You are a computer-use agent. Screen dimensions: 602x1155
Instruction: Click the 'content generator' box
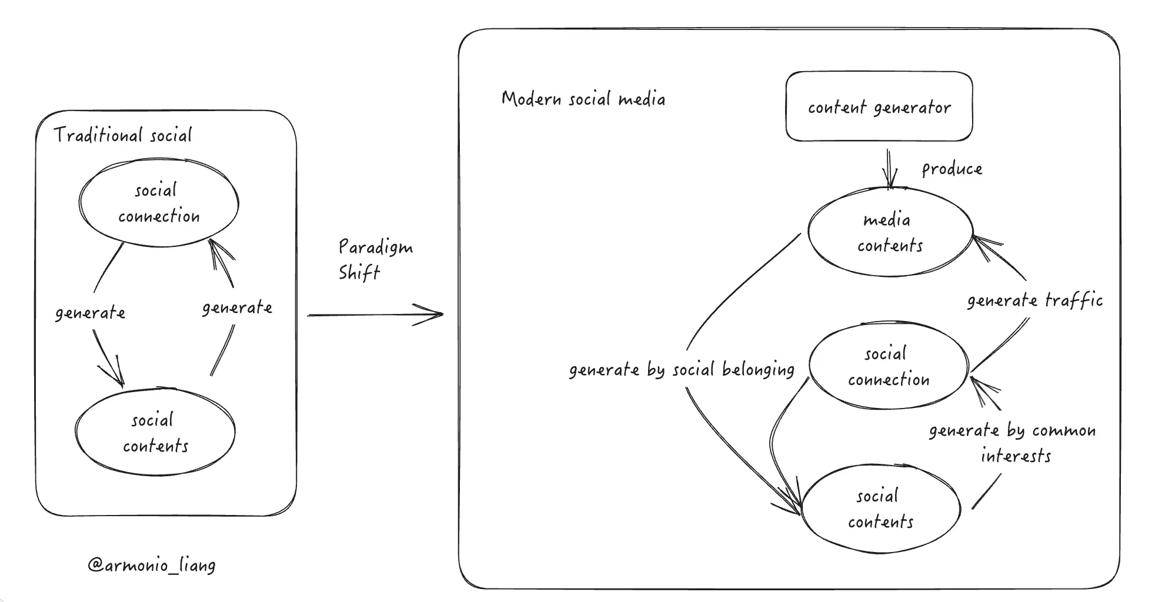(x=879, y=106)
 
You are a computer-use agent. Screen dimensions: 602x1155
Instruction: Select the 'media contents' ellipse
(x=890, y=232)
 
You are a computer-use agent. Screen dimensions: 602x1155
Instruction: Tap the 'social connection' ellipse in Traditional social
(x=159, y=203)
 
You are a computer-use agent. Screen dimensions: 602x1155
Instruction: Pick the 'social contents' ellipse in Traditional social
(x=155, y=433)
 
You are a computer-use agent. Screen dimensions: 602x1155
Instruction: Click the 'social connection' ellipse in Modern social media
(x=888, y=366)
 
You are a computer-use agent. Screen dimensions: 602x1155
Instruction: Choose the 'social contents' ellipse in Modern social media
(x=880, y=509)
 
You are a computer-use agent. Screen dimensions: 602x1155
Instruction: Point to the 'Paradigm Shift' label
(x=375, y=259)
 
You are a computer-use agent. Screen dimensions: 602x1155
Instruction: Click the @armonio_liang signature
(x=152, y=566)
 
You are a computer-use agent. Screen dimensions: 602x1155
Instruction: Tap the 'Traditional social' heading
(x=123, y=135)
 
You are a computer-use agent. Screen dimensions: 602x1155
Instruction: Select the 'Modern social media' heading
(x=583, y=99)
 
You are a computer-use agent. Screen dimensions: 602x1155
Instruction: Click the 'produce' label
(x=952, y=169)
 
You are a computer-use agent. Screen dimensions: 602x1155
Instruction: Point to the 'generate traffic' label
(x=1034, y=301)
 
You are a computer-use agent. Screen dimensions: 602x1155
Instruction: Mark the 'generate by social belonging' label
(x=682, y=370)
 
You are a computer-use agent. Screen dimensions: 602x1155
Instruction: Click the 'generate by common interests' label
(x=1013, y=443)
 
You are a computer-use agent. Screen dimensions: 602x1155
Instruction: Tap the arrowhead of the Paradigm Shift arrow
(x=435, y=315)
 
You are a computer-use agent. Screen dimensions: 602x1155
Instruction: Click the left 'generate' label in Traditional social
(x=90, y=313)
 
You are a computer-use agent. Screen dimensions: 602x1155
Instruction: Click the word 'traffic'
(x=1073, y=300)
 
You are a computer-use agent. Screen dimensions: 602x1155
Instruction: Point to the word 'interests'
(x=1016, y=456)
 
